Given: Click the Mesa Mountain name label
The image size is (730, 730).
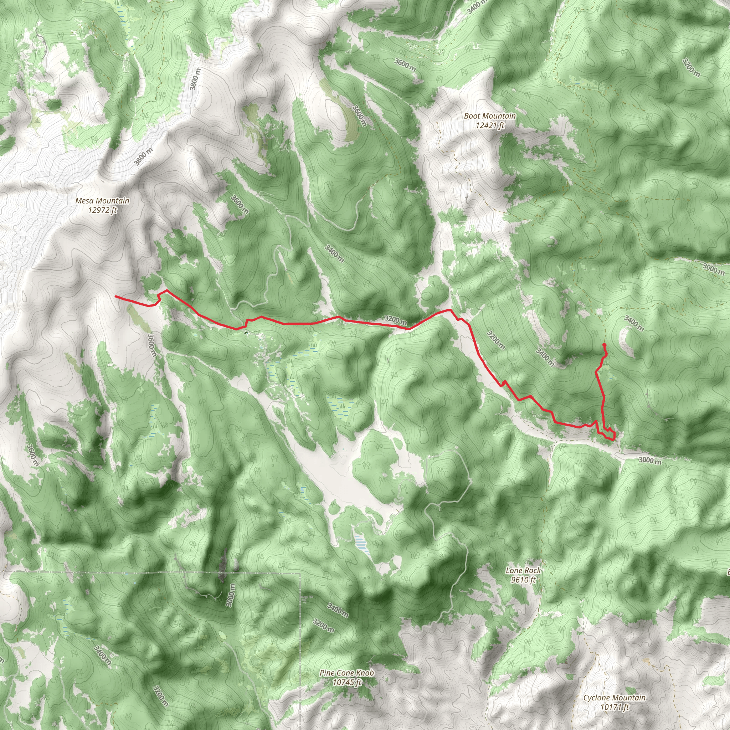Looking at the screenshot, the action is tap(102, 201).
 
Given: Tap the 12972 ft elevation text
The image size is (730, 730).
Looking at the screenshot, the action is tap(102, 210).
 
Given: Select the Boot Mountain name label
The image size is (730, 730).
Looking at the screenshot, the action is tap(490, 116).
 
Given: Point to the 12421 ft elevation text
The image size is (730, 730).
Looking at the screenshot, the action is tap(490, 125).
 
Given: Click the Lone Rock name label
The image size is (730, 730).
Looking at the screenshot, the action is tap(523, 570).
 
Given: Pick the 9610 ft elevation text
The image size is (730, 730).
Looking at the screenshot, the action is tap(523, 580).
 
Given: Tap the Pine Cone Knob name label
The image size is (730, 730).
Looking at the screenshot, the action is tap(346, 673).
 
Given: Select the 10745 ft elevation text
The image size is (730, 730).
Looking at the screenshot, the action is tap(347, 682).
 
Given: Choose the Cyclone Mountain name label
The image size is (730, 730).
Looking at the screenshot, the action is tap(615, 698).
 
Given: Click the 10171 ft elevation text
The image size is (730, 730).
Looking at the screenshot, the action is tap(615, 707).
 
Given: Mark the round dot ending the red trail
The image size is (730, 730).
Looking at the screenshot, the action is tap(604, 345).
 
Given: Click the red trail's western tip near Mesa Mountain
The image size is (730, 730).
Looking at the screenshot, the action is tap(115, 297).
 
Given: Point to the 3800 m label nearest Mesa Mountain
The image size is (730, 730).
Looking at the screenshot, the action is tap(144, 156).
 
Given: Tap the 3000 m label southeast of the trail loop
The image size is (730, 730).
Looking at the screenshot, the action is tap(650, 461).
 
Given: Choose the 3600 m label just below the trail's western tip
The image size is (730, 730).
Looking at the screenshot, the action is tap(151, 345).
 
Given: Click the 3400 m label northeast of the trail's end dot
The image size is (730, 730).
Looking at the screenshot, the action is tap(634, 323).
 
